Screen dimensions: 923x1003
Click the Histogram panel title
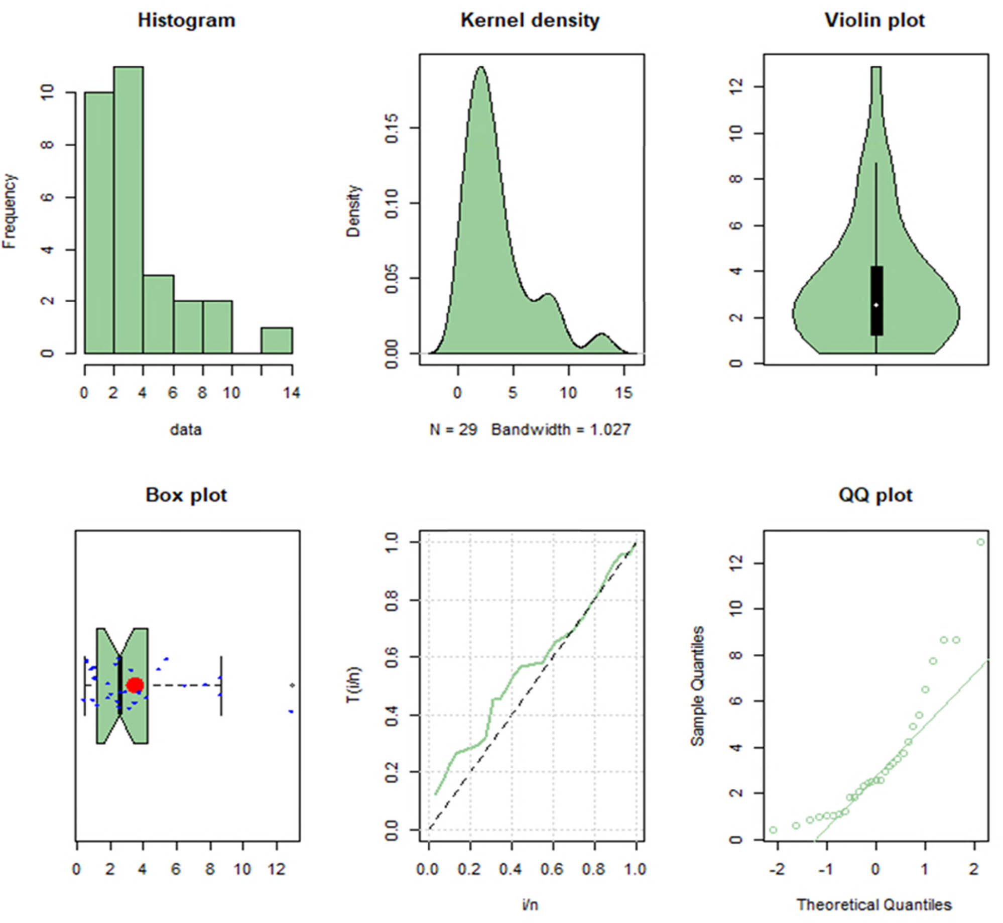point(186,21)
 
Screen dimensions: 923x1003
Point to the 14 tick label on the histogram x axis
point(292,393)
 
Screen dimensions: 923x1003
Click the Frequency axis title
point(10,211)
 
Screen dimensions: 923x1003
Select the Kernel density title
point(530,21)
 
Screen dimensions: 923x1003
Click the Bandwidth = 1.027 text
point(560,430)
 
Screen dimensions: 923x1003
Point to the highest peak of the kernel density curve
point(481,67)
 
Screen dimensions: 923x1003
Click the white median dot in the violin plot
point(876,305)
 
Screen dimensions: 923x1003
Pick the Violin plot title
point(874,21)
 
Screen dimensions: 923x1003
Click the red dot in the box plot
point(135,685)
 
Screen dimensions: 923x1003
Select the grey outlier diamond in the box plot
point(292,685)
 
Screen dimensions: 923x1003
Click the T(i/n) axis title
point(354,685)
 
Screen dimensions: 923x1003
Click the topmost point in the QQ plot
point(980,542)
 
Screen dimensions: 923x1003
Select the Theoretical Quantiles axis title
point(874,904)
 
